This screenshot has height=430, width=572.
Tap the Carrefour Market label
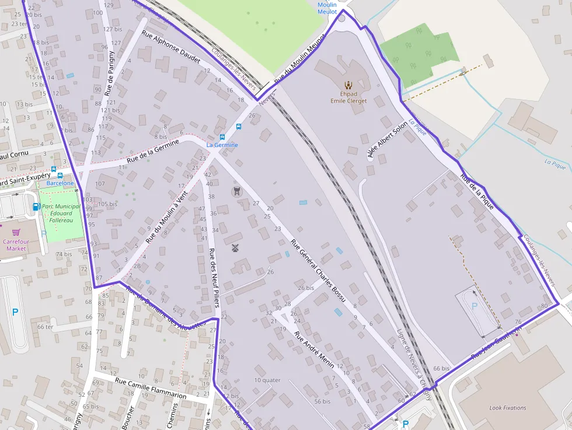16,245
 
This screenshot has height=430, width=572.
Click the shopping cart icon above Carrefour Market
16,232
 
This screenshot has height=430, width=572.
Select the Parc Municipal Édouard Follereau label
61,213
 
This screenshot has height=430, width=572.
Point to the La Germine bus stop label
222,145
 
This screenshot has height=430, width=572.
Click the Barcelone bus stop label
60,183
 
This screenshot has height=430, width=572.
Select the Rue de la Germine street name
154,151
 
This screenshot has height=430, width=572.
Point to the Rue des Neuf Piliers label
214,277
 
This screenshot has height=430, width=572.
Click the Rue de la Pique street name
477,191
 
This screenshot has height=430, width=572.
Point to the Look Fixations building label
507,408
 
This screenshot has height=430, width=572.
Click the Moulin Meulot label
327,8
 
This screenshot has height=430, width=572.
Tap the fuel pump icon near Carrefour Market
36,207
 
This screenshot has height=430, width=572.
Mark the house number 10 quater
267,380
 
